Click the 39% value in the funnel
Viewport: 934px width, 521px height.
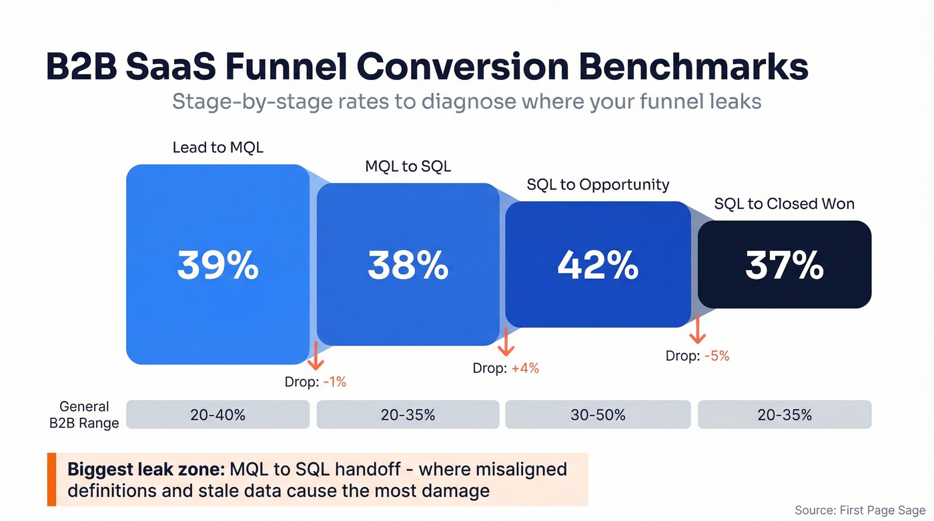tap(217, 265)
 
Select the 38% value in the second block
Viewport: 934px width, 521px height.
tap(408, 265)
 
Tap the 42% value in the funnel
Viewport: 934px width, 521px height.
tap(598, 265)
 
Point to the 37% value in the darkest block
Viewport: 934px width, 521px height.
tap(785, 265)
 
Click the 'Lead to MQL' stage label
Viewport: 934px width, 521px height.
tap(217, 147)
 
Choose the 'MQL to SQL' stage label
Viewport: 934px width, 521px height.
tap(408, 166)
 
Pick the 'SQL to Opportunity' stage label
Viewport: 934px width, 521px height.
tap(598, 185)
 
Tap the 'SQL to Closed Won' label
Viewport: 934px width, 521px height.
tap(784, 203)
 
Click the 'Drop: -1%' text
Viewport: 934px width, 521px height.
tap(315, 382)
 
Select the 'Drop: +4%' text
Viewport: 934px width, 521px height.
tap(506, 368)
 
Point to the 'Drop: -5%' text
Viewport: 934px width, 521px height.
tap(697, 356)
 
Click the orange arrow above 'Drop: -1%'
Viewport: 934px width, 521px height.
tap(315, 355)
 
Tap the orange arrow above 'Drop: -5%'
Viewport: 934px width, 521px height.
tap(697, 329)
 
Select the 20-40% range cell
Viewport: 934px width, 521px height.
tap(217, 414)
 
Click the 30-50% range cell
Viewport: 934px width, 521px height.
tap(598, 414)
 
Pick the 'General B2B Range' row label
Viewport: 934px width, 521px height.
tap(84, 414)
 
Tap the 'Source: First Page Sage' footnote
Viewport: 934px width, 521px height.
tap(859, 510)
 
